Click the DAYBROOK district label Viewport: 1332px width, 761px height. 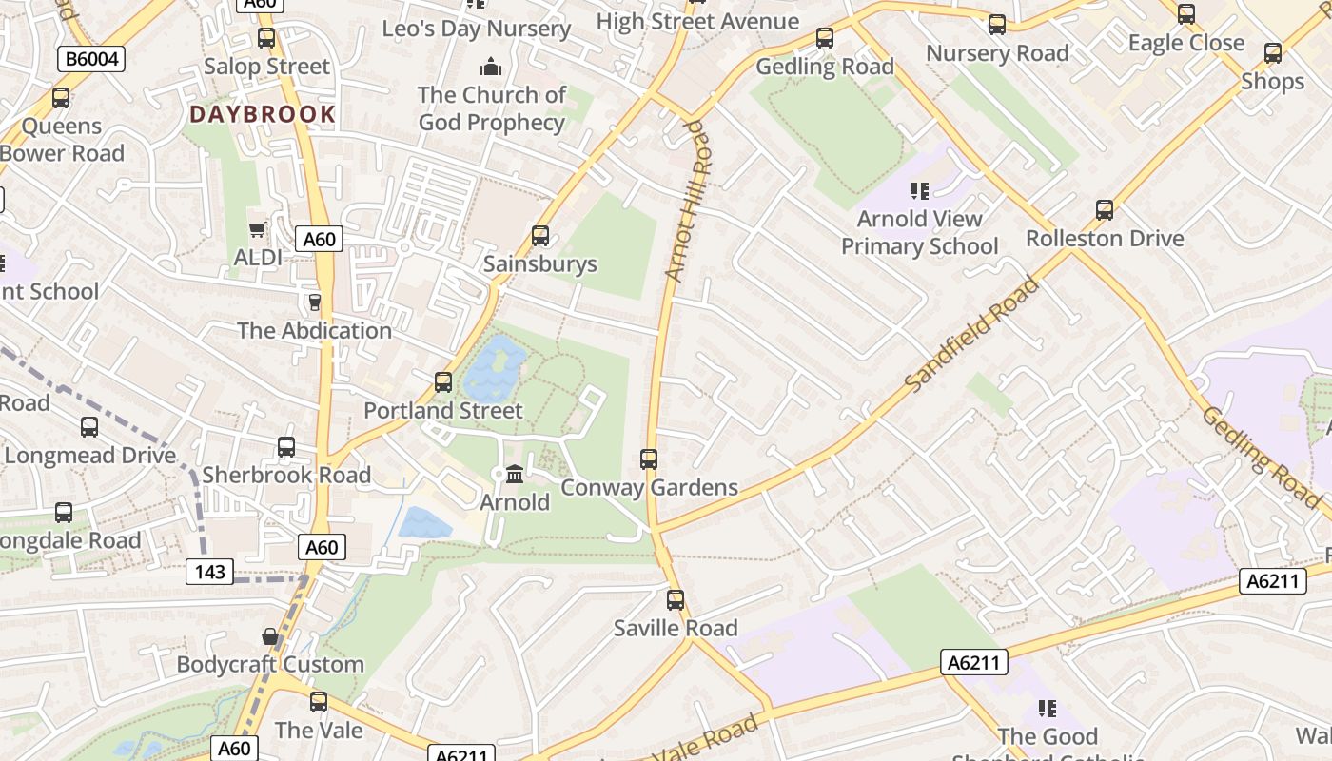pos(263,114)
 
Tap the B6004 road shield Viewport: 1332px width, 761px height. pos(92,59)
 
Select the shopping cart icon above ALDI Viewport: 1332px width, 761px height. pos(257,230)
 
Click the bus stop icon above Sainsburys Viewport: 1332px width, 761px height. pos(540,235)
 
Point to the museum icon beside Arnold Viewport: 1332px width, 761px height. pos(515,473)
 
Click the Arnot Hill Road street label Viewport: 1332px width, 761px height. pos(688,201)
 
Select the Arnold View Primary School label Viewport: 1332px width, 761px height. pos(919,232)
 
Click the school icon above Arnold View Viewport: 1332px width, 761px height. pos(919,191)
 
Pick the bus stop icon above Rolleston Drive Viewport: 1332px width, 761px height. pos(1104,209)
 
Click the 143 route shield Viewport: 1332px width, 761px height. pos(209,572)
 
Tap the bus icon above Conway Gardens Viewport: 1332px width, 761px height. pos(649,459)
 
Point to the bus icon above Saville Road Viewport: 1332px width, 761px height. pos(676,599)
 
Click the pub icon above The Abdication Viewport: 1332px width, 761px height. pos(314,302)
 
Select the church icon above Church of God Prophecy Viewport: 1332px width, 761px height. pos(491,67)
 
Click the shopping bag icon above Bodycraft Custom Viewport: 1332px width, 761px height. pos(270,635)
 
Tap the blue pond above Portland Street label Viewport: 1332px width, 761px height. pos(494,369)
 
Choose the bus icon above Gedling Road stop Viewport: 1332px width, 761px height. pos(825,38)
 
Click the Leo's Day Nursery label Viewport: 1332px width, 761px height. pos(476,29)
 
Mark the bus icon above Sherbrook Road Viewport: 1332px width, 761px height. pos(285,446)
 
